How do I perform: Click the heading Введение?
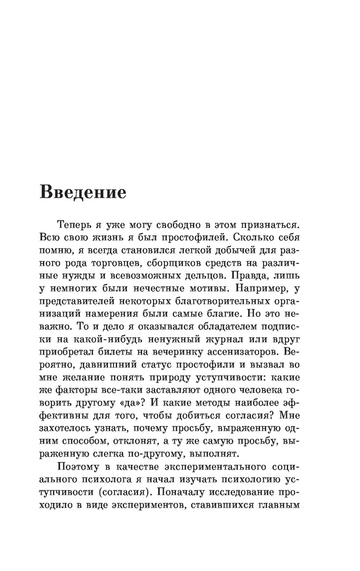click(83, 192)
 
